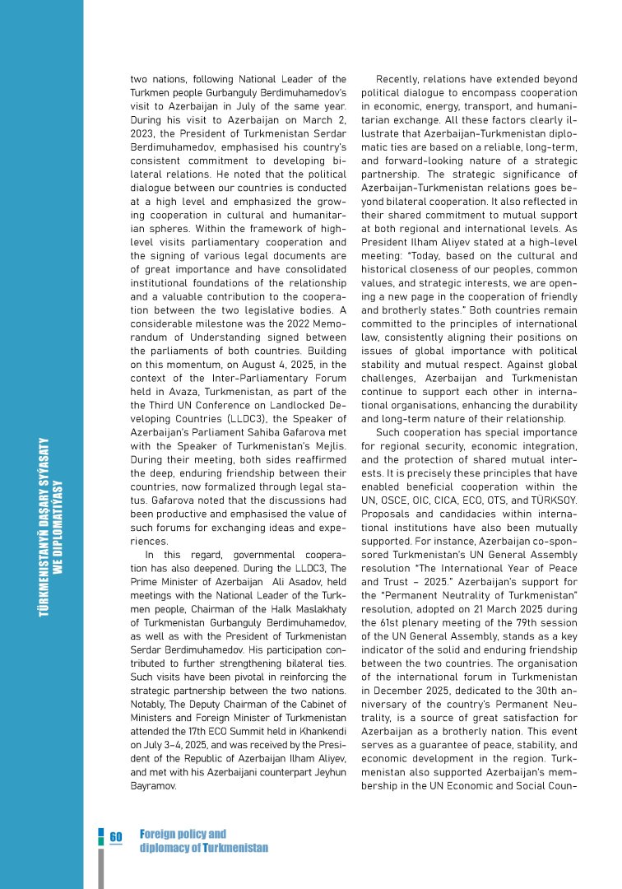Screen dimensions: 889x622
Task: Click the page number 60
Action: pos(116,835)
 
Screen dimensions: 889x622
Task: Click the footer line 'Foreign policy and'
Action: pos(183,834)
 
